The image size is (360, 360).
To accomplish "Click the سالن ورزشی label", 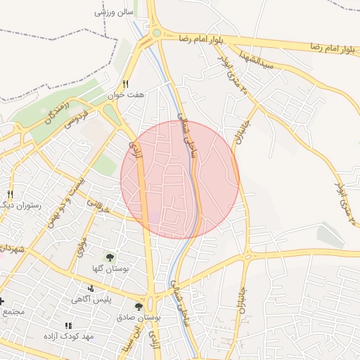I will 114,13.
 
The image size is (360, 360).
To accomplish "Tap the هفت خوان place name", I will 126,94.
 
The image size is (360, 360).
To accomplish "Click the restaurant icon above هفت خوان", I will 126,84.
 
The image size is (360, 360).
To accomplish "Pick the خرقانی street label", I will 99,205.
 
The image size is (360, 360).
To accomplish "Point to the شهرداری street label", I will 13,249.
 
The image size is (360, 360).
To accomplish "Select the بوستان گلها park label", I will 109,269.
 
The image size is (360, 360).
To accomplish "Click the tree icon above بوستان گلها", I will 109,257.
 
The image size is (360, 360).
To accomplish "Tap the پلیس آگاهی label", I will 90,299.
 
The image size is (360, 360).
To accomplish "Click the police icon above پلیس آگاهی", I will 90,288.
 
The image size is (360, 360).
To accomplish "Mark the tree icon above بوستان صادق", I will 139,307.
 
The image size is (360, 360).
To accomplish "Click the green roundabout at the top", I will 156,32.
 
